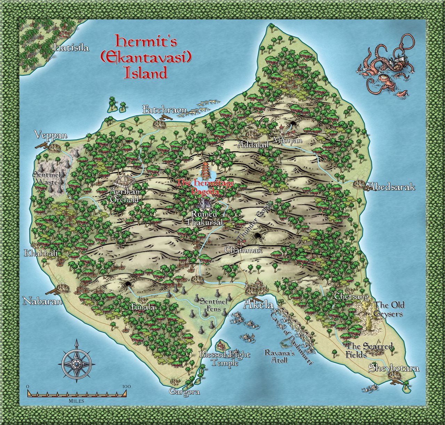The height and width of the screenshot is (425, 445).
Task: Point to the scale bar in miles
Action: point(77,393)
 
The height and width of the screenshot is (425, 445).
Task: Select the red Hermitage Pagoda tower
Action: point(206,170)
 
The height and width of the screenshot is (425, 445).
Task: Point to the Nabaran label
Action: point(42,301)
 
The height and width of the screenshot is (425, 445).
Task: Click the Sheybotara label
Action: point(394,368)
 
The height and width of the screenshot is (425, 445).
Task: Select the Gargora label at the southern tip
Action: point(184,392)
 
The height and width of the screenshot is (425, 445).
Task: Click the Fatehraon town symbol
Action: point(160,123)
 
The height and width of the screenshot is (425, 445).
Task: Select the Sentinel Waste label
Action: point(47,177)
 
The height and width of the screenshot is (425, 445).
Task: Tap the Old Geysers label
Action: point(388,309)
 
